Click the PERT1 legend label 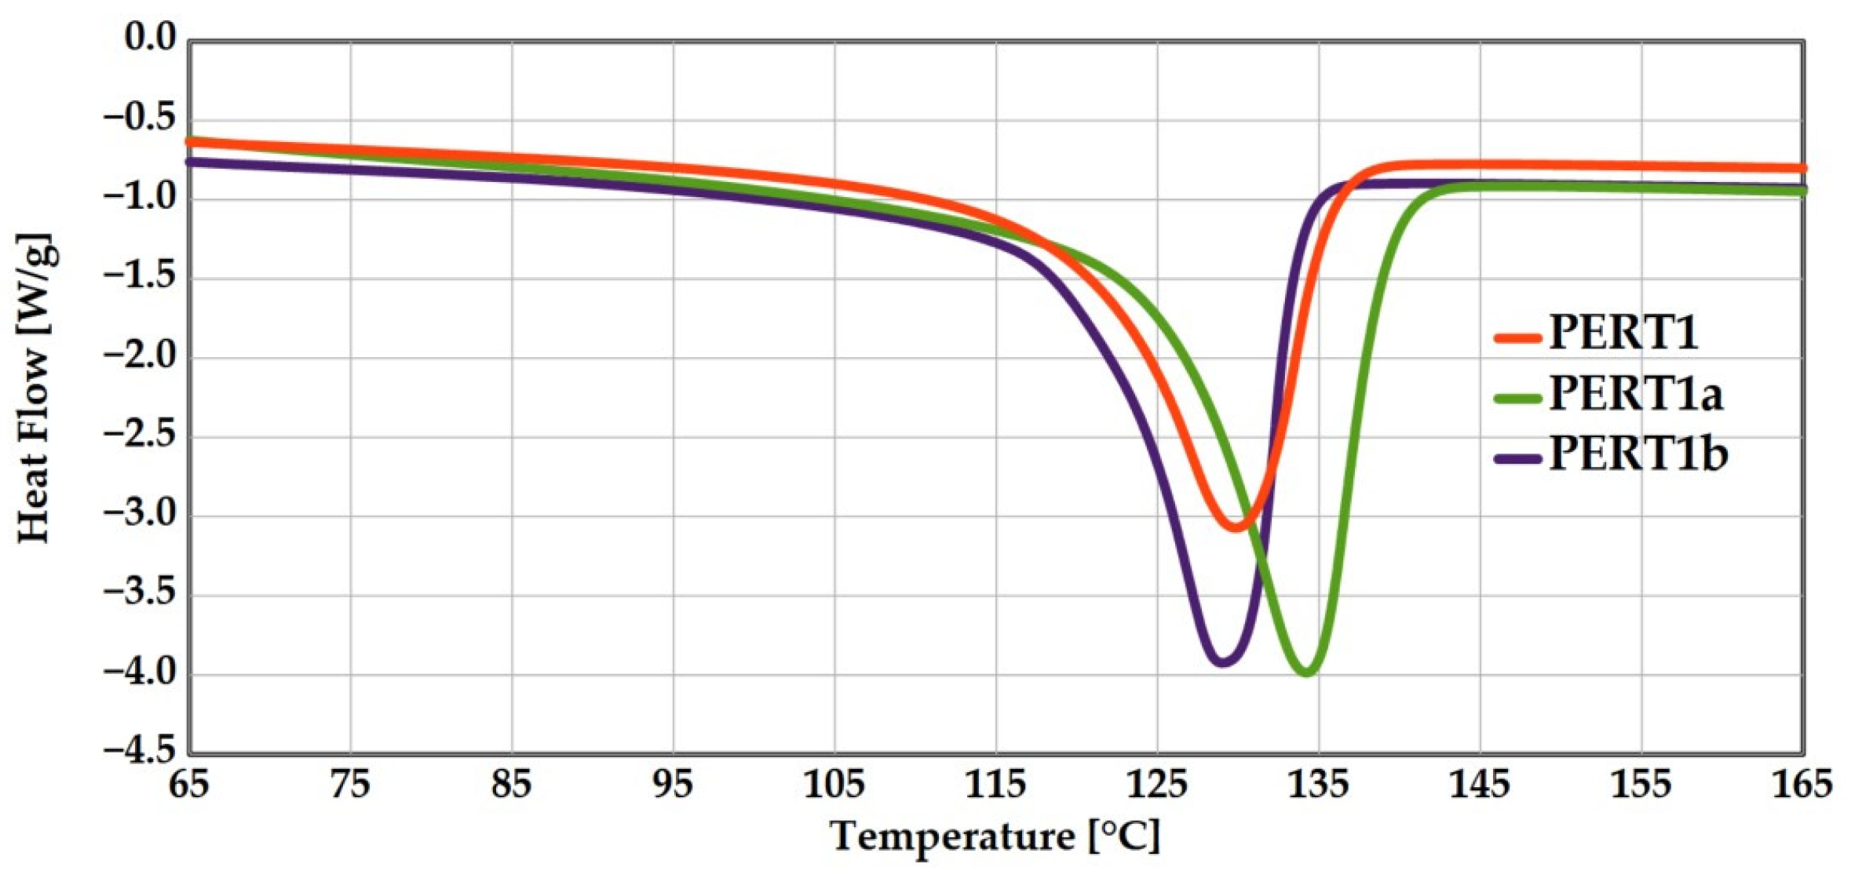pyautogui.click(x=1623, y=333)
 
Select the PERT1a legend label pyautogui.click(x=1636, y=393)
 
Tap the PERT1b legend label pyautogui.click(x=1637, y=454)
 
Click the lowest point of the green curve pyautogui.click(x=1306, y=673)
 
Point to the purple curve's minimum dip pyautogui.click(x=1222, y=662)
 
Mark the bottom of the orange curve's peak pyautogui.click(x=1236, y=527)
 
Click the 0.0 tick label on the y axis pyautogui.click(x=151, y=38)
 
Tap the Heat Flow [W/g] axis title pyautogui.click(x=34, y=389)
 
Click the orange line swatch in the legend pyautogui.click(x=1517, y=338)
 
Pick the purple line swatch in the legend pyautogui.click(x=1517, y=458)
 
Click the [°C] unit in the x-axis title pyautogui.click(x=1124, y=837)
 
